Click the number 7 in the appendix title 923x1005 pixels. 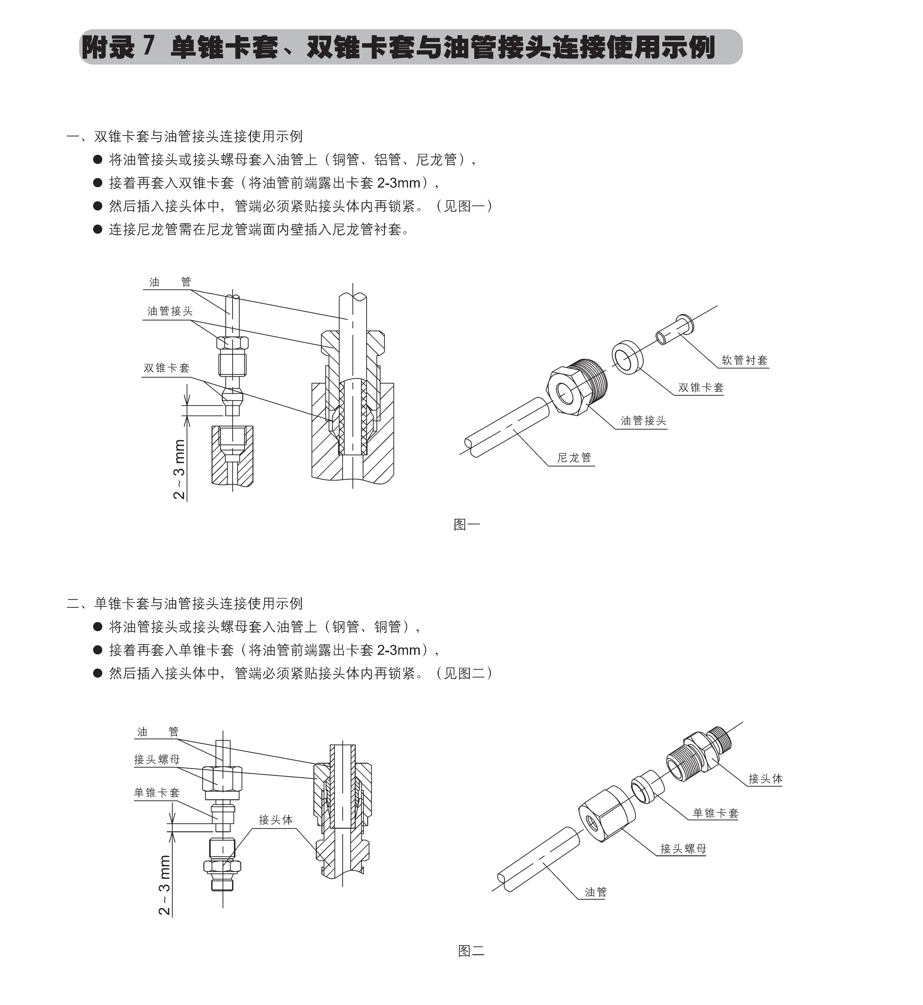coord(148,47)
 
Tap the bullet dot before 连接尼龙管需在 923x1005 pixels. coord(98,230)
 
